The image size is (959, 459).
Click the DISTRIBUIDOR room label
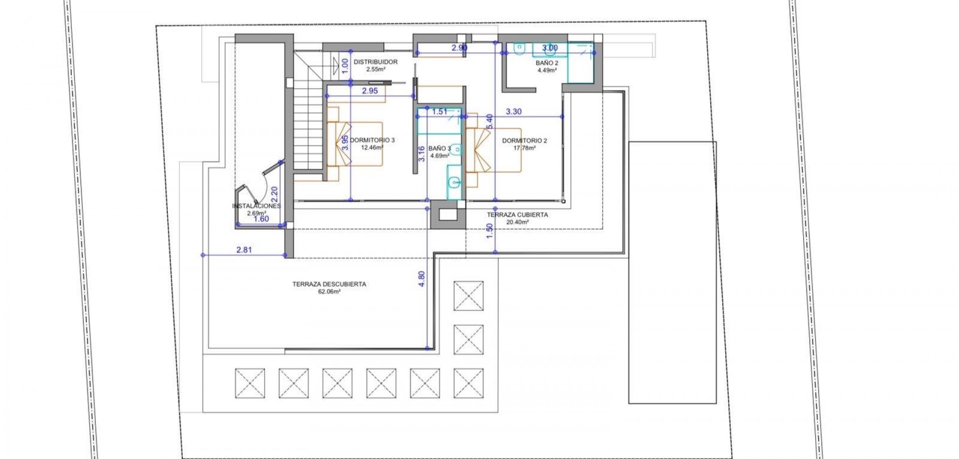pyautogui.click(x=376, y=62)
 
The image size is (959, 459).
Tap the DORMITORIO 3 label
pyautogui.click(x=372, y=140)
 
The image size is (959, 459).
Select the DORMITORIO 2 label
pyautogui.click(x=524, y=141)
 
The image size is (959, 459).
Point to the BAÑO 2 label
pyautogui.click(x=547, y=63)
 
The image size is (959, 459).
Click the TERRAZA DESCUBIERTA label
pyautogui.click(x=329, y=284)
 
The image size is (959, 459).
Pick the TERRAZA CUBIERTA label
pyautogui.click(x=518, y=215)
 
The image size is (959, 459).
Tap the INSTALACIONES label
pyautogui.click(x=257, y=206)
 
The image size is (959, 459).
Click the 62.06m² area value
pyautogui.click(x=329, y=291)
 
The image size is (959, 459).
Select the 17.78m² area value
pyautogui.click(x=524, y=148)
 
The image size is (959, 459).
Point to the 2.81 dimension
pyautogui.click(x=244, y=250)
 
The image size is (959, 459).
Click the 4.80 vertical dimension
pyautogui.click(x=422, y=278)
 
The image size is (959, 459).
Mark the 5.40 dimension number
pyautogui.click(x=489, y=121)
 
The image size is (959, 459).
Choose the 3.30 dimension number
pyautogui.click(x=513, y=112)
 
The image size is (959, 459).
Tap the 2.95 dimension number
pyautogui.click(x=370, y=91)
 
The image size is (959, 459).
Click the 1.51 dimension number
pyautogui.click(x=440, y=112)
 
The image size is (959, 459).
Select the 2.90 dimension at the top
pyautogui.click(x=459, y=48)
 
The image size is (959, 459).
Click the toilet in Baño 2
pyautogui.click(x=519, y=49)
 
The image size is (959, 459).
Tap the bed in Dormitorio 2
pyautogui.click(x=493, y=149)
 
